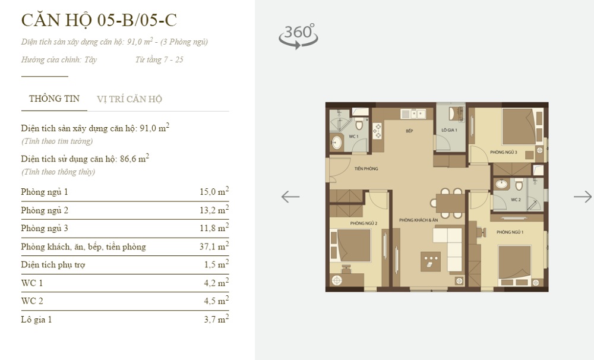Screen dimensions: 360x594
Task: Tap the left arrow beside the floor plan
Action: click(290, 197)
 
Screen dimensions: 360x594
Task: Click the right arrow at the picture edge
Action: click(582, 197)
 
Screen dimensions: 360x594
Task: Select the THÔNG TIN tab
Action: click(54, 99)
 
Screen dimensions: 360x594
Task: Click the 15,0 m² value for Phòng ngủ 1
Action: click(214, 192)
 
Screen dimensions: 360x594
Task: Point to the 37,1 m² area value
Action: click(214, 246)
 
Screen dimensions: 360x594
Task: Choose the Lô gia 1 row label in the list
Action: click(36, 320)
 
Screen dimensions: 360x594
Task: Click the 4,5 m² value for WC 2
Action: click(214, 301)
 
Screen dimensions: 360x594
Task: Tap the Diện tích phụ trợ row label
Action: click(53, 265)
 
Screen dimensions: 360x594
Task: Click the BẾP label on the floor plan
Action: click(409, 130)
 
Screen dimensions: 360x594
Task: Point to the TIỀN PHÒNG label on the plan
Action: click(366, 169)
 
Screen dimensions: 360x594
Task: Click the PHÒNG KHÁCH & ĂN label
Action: click(418, 221)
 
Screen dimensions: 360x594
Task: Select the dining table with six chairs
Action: click(450, 201)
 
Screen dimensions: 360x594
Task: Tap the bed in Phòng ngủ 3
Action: click(518, 126)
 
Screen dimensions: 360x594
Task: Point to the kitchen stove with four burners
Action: click(377, 130)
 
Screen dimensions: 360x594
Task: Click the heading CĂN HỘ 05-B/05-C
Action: click(99, 20)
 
